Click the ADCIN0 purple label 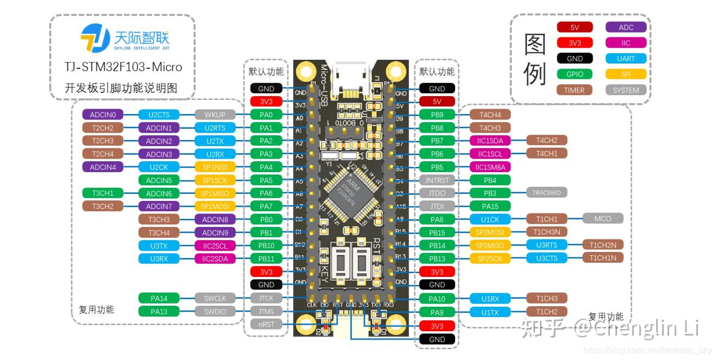coord(103,115)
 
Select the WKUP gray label coord(215,115)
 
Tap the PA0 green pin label coord(266,115)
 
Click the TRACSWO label coord(546,192)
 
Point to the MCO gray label coord(602,218)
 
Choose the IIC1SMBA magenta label coord(490,167)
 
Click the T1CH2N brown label coord(602,245)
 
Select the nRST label coord(266,324)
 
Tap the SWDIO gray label coord(215,311)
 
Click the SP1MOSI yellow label coord(215,206)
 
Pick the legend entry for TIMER coord(574,90)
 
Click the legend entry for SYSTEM coord(626,90)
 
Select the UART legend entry coord(626,59)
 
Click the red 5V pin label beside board coord(437,102)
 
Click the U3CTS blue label coord(546,258)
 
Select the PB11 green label coord(266,258)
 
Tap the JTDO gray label coord(437,193)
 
